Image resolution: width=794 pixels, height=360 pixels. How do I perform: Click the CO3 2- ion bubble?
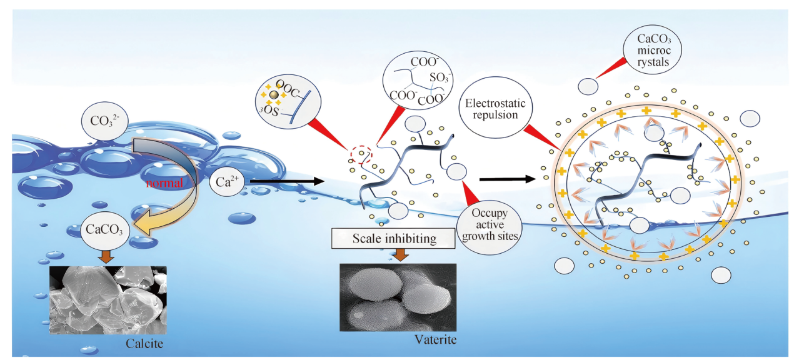104,121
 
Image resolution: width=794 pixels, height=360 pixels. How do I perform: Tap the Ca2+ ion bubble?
227,181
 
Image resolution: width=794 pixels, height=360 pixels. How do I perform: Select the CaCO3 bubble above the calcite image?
105,230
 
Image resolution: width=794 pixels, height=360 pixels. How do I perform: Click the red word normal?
164,183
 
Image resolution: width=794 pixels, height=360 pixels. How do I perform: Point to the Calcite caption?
144,343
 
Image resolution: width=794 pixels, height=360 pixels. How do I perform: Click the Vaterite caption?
436,339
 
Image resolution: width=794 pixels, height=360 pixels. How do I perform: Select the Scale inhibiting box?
393,238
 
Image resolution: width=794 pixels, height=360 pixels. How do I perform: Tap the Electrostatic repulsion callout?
495,107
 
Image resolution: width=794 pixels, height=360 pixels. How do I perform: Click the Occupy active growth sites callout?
490,224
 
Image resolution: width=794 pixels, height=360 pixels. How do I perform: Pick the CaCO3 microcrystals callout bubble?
653,49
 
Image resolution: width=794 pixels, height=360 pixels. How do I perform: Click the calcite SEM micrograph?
108,300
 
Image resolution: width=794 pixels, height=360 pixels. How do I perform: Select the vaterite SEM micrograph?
398,297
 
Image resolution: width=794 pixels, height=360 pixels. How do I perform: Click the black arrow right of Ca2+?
287,181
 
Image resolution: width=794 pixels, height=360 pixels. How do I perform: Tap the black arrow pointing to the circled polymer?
507,179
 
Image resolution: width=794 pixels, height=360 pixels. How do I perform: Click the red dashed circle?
361,154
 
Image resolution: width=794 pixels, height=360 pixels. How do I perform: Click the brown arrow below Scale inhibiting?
401,254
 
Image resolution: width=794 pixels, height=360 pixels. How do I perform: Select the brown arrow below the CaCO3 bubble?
106,256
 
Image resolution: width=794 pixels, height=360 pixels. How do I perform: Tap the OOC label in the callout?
288,89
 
